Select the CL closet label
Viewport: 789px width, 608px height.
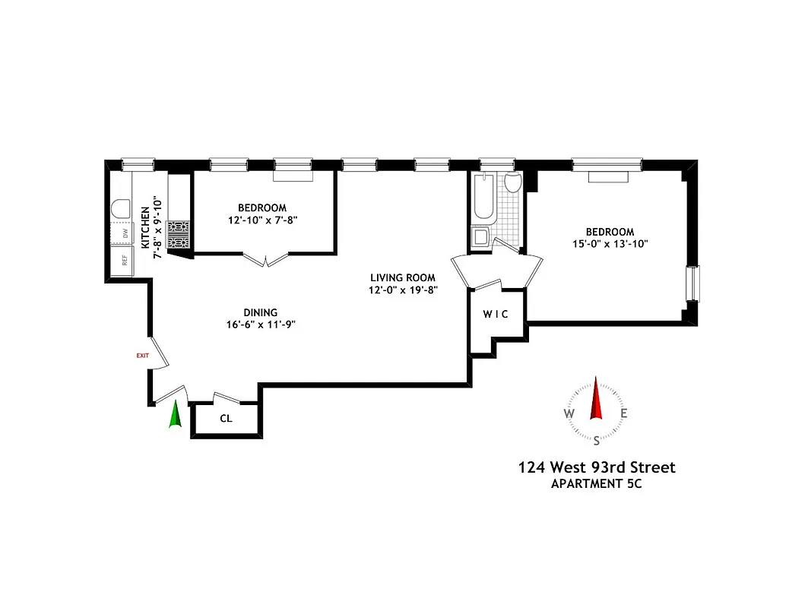point(226,418)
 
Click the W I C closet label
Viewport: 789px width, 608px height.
point(495,314)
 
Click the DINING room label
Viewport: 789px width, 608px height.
point(260,312)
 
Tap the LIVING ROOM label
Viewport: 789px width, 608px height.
point(403,277)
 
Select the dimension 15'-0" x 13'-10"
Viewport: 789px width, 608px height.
point(609,244)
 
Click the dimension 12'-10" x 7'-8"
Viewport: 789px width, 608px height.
point(261,220)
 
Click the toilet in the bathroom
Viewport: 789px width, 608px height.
point(512,182)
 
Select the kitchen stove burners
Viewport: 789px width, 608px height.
point(179,234)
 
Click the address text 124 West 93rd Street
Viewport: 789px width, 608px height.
point(596,467)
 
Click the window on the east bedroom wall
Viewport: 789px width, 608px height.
point(691,284)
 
